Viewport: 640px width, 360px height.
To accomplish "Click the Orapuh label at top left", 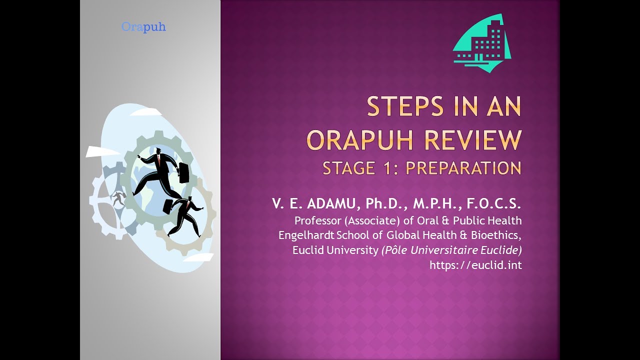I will coord(143,27).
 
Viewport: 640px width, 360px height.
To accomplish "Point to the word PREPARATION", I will coord(463,168).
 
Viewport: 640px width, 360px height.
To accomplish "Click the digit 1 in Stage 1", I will coord(389,168).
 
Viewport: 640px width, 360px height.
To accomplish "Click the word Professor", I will coord(317,220).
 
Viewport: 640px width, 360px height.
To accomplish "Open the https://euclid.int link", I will coord(475,265).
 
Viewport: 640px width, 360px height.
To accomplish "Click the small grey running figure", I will coord(118,198).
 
